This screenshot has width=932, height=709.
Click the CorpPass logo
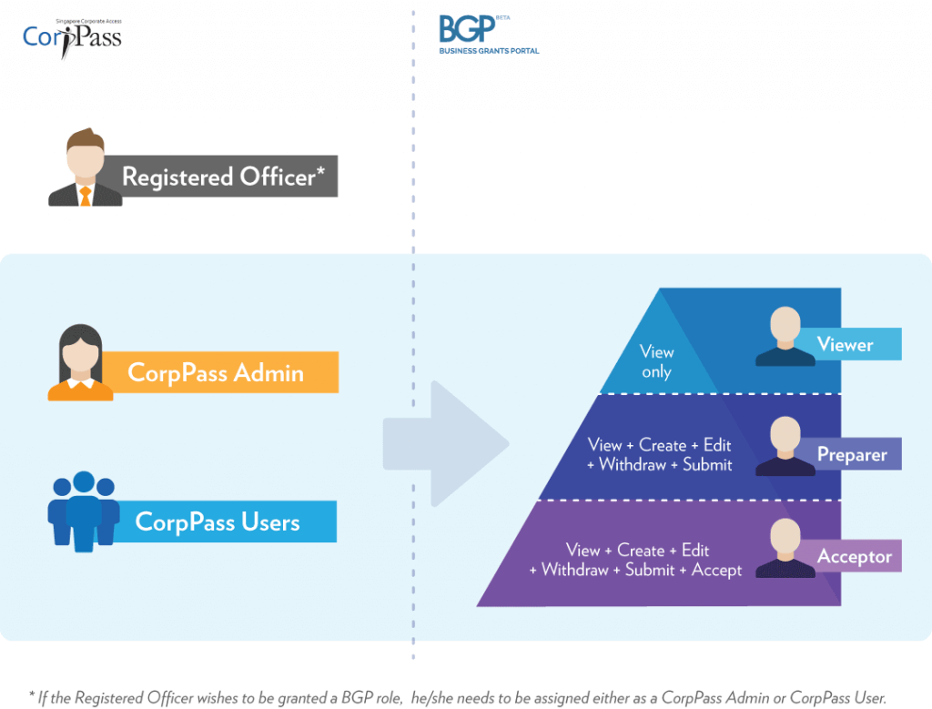coord(71,36)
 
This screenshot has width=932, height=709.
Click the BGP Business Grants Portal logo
coord(488,34)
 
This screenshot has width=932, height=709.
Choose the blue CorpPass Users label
coord(218,522)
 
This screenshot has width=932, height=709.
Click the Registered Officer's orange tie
coord(85,195)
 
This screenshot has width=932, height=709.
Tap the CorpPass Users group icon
coord(83,511)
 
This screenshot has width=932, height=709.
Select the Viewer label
coord(846,345)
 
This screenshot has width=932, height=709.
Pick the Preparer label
coord(851,454)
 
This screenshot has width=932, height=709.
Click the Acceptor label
coord(854,556)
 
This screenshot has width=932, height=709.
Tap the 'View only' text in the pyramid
coord(656,361)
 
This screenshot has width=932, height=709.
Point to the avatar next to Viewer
coord(785,337)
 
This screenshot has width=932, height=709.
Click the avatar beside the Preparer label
coord(785,446)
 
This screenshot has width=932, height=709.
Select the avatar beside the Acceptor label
coord(785,549)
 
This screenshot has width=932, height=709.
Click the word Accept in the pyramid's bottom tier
coord(716,570)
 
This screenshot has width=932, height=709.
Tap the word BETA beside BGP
coord(505,16)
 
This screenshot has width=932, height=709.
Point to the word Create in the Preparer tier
coord(662,445)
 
